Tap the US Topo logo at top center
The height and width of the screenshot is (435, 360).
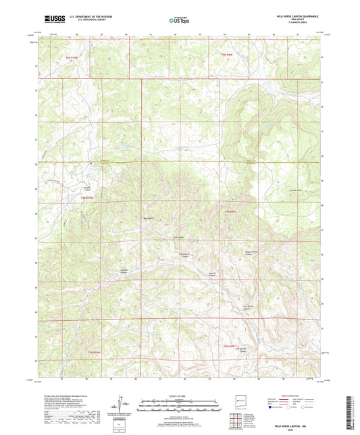(179, 21)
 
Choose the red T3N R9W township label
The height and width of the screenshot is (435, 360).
(230, 344)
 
